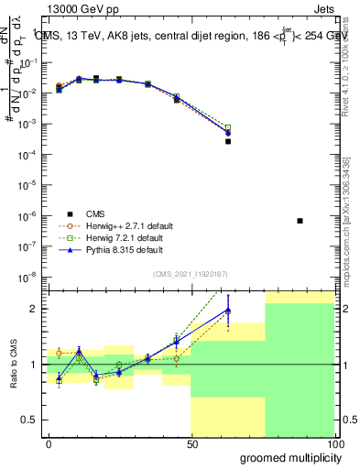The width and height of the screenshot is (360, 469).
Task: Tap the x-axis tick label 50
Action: (191, 443)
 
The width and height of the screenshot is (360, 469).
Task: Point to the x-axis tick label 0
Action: (49, 443)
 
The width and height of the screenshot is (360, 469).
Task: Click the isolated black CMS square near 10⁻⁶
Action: (300, 221)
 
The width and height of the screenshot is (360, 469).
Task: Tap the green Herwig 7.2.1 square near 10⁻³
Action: (228, 127)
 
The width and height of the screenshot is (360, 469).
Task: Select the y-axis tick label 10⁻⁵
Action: (31, 184)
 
